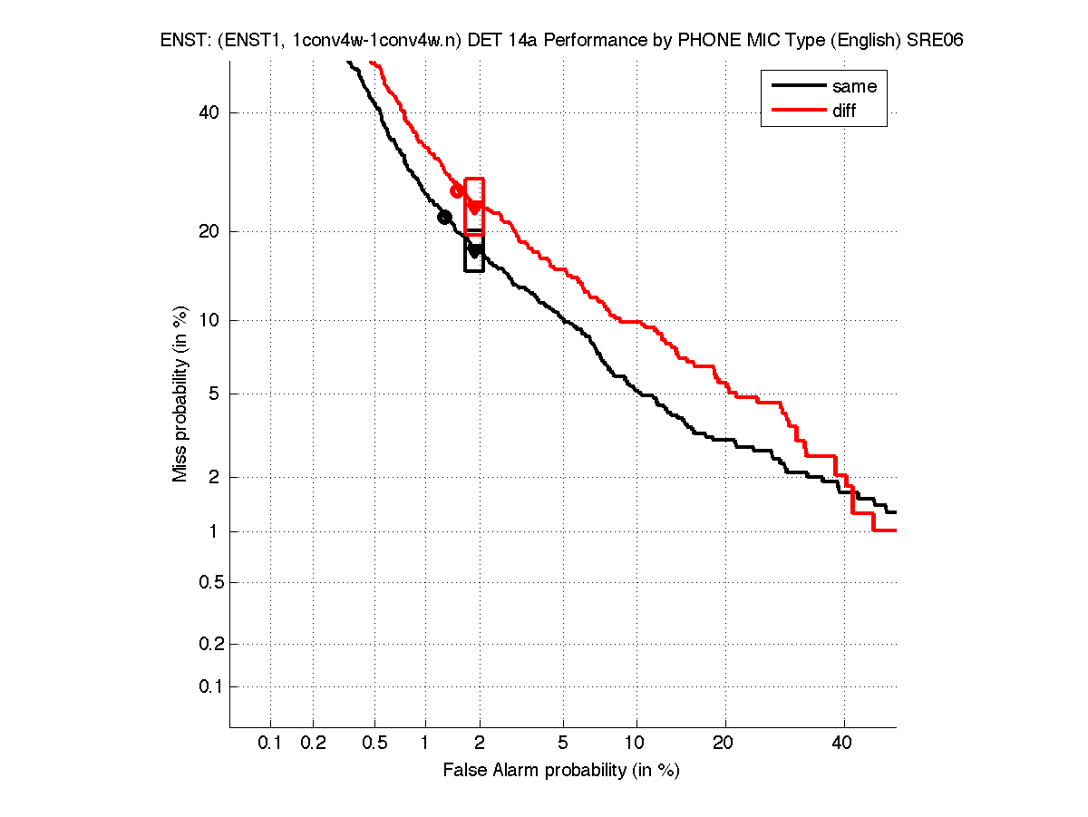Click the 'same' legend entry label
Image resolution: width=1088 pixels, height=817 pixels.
click(x=854, y=87)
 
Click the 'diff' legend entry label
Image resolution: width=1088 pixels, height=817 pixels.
click(x=844, y=111)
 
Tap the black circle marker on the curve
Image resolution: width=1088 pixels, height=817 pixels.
click(x=444, y=217)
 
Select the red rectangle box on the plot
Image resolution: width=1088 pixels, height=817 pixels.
click(x=474, y=207)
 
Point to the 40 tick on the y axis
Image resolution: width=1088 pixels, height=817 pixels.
click(x=209, y=113)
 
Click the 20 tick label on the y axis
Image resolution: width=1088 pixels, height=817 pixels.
click(x=209, y=231)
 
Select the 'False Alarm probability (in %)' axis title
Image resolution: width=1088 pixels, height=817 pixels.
click(x=561, y=771)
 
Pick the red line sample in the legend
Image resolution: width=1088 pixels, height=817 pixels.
click(x=797, y=111)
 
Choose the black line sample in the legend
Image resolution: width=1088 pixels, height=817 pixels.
click(x=797, y=87)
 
